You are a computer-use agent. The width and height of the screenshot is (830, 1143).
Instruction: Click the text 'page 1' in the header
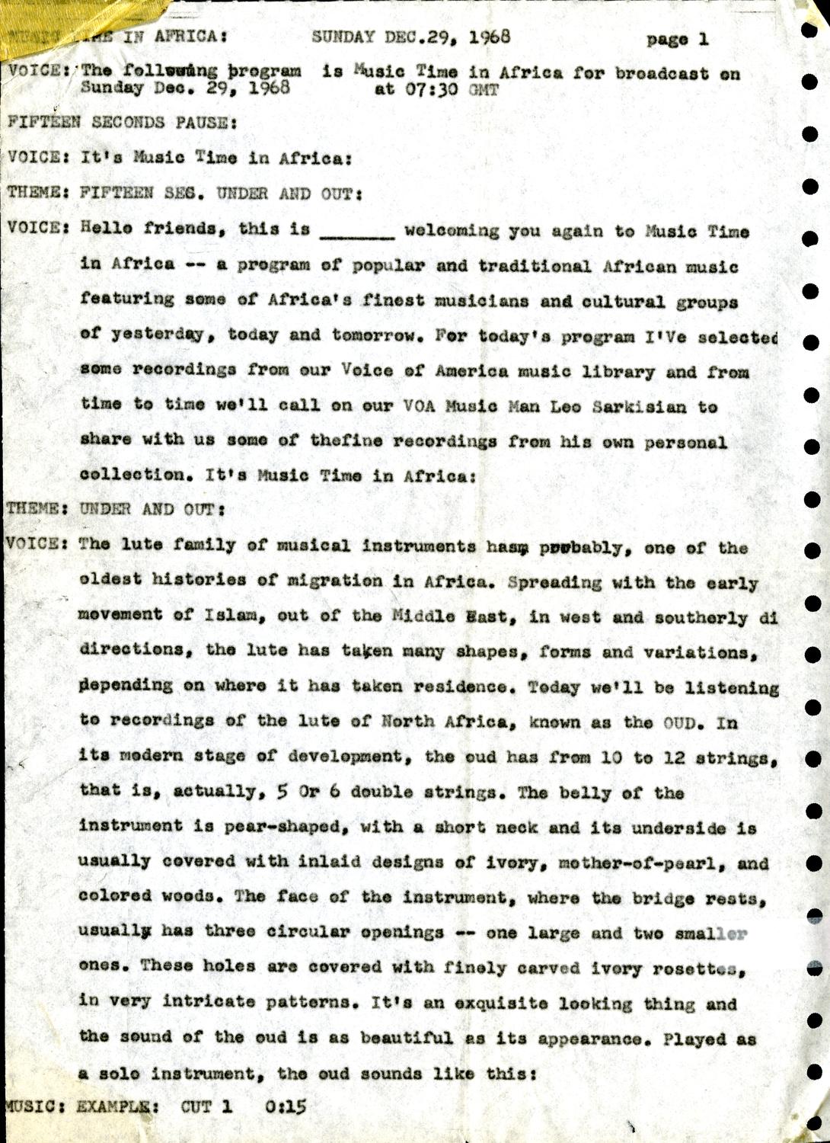point(677,40)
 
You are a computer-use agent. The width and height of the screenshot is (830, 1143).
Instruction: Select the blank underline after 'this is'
point(357,232)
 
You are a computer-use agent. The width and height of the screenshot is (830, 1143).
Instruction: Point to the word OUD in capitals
point(680,722)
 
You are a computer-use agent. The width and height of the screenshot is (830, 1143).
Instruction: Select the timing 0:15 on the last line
point(286,1106)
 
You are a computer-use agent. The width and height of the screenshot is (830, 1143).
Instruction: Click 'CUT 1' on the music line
point(206,1106)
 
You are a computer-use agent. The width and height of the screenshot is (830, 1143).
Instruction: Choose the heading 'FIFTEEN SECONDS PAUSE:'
point(122,122)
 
